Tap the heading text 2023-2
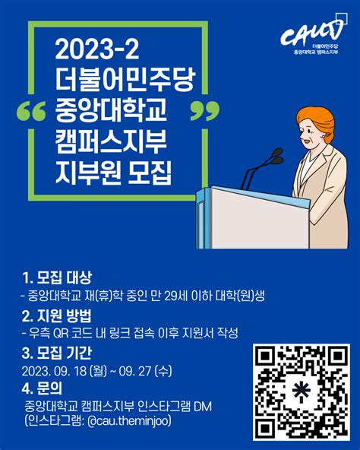pyautogui.click(x=97, y=49)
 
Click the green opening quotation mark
pyautogui.click(x=31, y=110)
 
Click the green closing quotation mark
pyautogui.click(x=205, y=110)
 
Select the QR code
pyautogui.click(x=302, y=392)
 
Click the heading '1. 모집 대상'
pyautogui.click(x=57, y=277)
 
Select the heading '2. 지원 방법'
pyautogui.click(x=56, y=315)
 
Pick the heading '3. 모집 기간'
pyautogui.click(x=57, y=353)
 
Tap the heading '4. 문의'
pyautogui.click(x=42, y=388)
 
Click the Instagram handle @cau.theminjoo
pyautogui.click(x=129, y=421)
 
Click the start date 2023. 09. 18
pyautogui.click(x=54, y=372)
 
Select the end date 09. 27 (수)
pyautogui.click(x=145, y=372)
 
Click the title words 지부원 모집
pyautogui.click(x=113, y=173)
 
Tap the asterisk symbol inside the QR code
pyautogui.click(x=302, y=389)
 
